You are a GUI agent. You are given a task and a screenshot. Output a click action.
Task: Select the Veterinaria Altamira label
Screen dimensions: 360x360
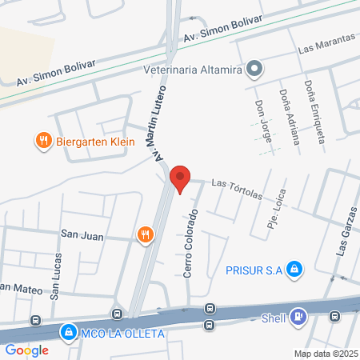tap(192, 70)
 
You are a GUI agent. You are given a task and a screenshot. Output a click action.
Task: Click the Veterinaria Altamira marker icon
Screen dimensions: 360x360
tap(254, 70)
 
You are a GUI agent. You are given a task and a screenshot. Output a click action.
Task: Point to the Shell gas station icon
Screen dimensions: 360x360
tap(298, 318)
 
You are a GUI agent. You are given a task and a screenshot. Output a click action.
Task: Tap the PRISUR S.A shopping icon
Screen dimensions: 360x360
tap(294, 269)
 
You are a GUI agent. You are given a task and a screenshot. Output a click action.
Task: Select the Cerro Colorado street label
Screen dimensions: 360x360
tap(190, 244)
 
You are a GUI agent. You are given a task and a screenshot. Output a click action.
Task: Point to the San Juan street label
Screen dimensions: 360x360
tap(82, 234)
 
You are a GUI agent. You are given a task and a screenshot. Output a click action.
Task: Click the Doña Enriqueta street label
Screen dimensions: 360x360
tap(315, 111)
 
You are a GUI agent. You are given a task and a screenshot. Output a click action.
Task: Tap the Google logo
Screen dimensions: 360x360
tap(26, 350)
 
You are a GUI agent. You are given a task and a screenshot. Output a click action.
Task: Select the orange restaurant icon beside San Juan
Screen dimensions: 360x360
tap(145, 234)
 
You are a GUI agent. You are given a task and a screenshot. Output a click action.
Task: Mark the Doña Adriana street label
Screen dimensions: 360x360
tap(290, 115)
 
